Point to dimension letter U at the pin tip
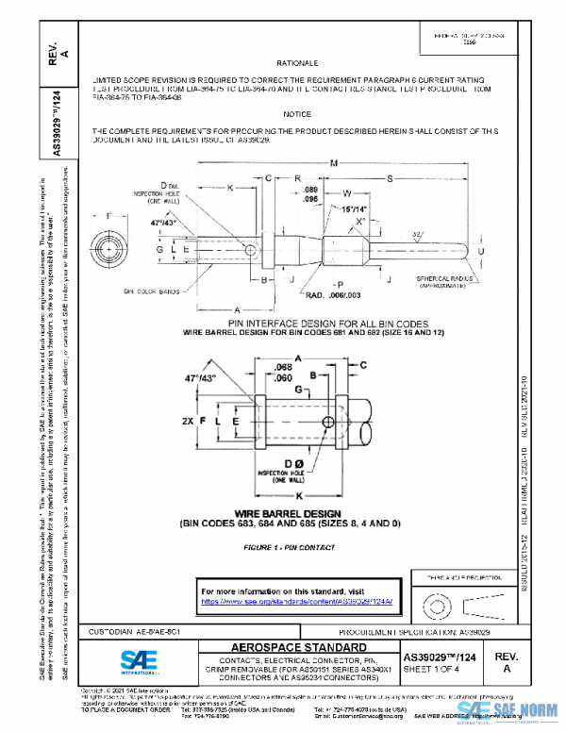tap(483, 253)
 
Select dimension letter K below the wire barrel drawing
tap(298, 494)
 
